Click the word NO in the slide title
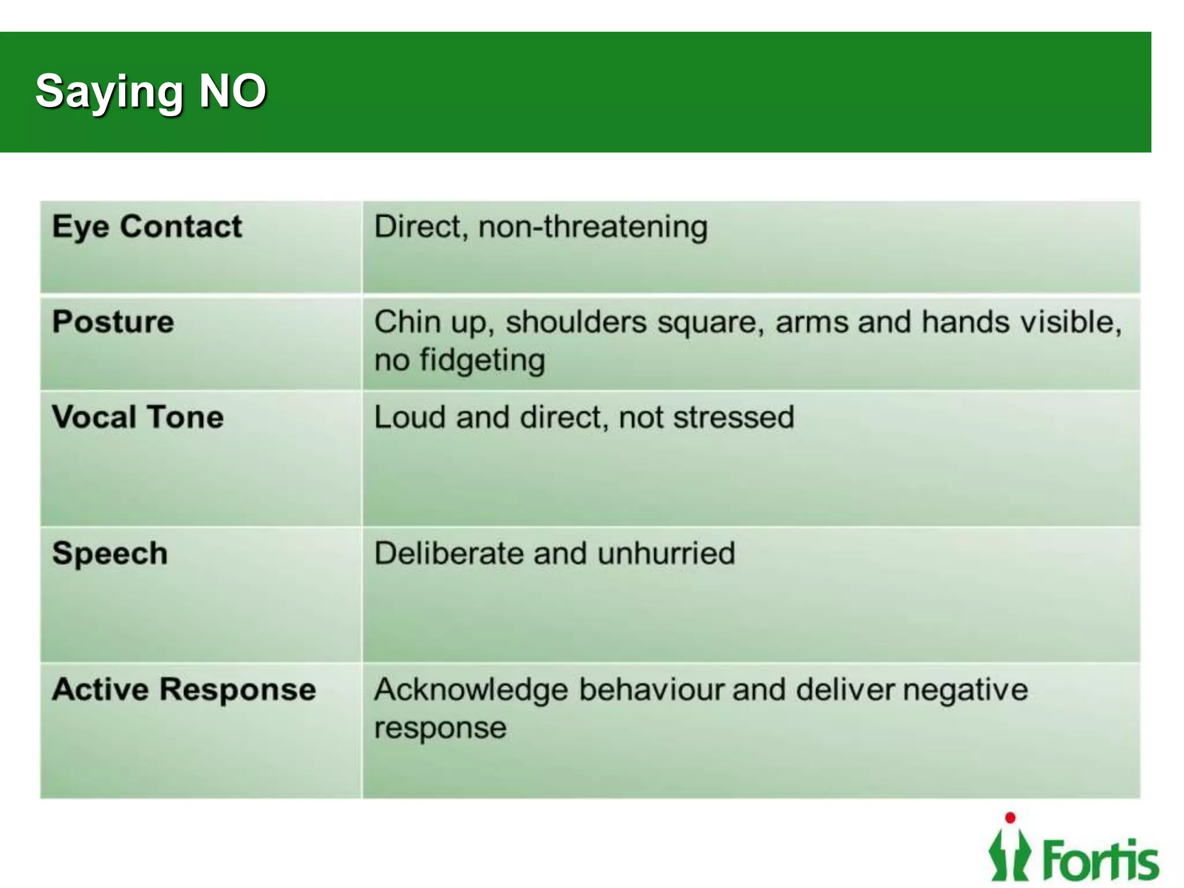click(x=232, y=91)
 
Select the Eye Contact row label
click(x=147, y=227)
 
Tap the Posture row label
click(x=113, y=321)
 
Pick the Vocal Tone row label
click(x=138, y=417)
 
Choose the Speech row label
click(x=110, y=554)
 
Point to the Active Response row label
click(x=184, y=690)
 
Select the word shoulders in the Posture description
click(x=576, y=322)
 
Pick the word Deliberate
click(x=449, y=553)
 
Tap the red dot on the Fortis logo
click(x=1010, y=817)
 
